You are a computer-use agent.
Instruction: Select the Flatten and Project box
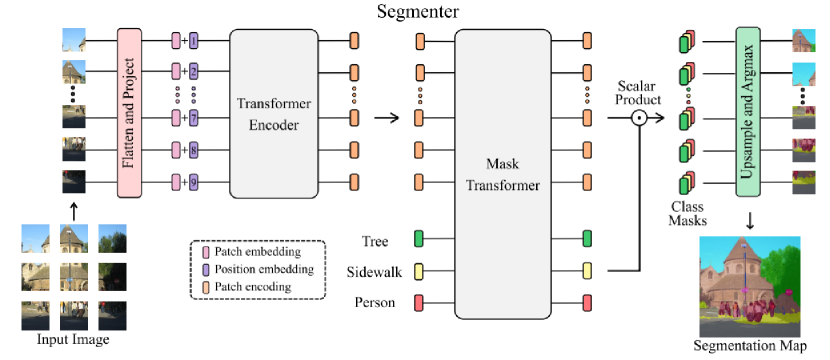click(126, 110)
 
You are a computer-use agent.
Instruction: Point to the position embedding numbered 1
click(193, 41)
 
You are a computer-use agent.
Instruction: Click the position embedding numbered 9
click(193, 182)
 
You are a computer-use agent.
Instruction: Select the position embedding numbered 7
click(193, 118)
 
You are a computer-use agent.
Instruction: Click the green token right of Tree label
click(420, 239)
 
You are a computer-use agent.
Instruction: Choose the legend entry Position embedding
click(258, 268)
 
